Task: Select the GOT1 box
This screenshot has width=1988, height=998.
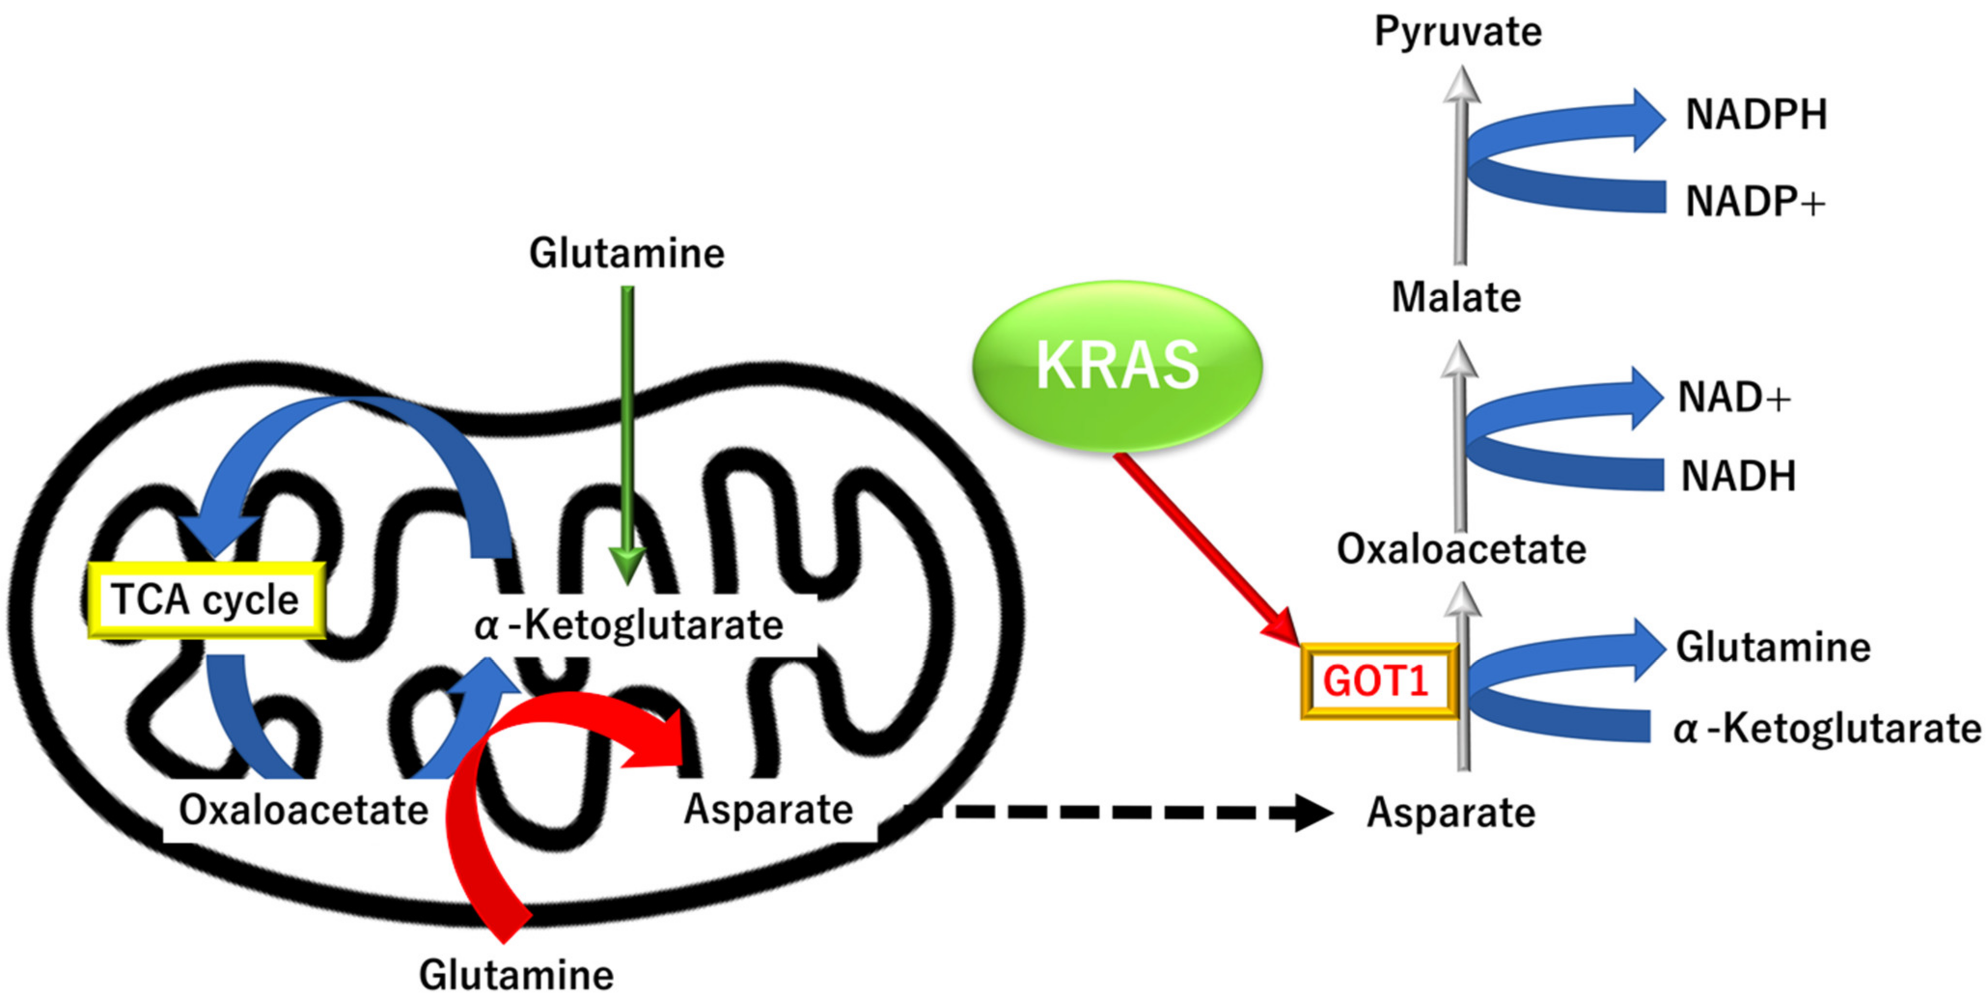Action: [x=1378, y=681]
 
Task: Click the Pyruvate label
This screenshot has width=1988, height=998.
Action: [x=1458, y=32]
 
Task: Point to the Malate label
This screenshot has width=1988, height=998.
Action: [x=1455, y=298]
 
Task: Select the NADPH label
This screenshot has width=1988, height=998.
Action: [x=1756, y=115]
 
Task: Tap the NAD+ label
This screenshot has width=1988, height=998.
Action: [x=1733, y=398]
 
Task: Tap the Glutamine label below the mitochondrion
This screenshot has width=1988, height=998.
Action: [x=516, y=975]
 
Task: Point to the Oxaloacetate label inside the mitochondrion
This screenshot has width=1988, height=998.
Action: [x=304, y=810]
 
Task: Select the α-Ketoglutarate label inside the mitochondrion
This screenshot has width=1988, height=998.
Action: [x=629, y=625]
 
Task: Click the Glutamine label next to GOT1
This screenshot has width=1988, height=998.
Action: [x=1773, y=647]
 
